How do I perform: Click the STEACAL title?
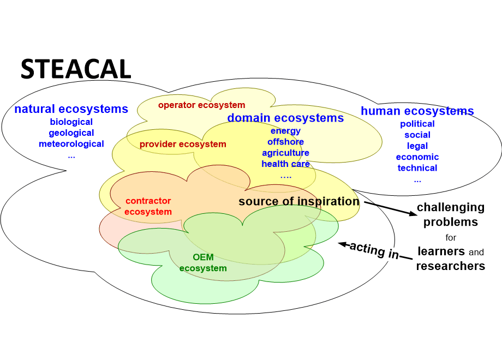76,69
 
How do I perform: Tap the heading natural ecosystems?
71,109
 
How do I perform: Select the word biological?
71,122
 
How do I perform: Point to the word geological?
71,133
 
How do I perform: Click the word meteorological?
71,144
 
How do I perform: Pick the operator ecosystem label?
202,105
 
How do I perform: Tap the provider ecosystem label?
183,145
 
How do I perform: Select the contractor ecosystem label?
148,206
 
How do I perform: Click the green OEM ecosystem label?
203,263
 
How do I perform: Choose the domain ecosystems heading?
285,118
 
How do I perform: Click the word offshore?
286,142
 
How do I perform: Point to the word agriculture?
285,153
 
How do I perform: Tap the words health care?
285,164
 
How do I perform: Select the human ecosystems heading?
417,111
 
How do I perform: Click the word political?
417,124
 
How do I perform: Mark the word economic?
417,157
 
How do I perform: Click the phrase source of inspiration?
299,201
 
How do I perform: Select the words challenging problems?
451,214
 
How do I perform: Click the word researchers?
451,266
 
